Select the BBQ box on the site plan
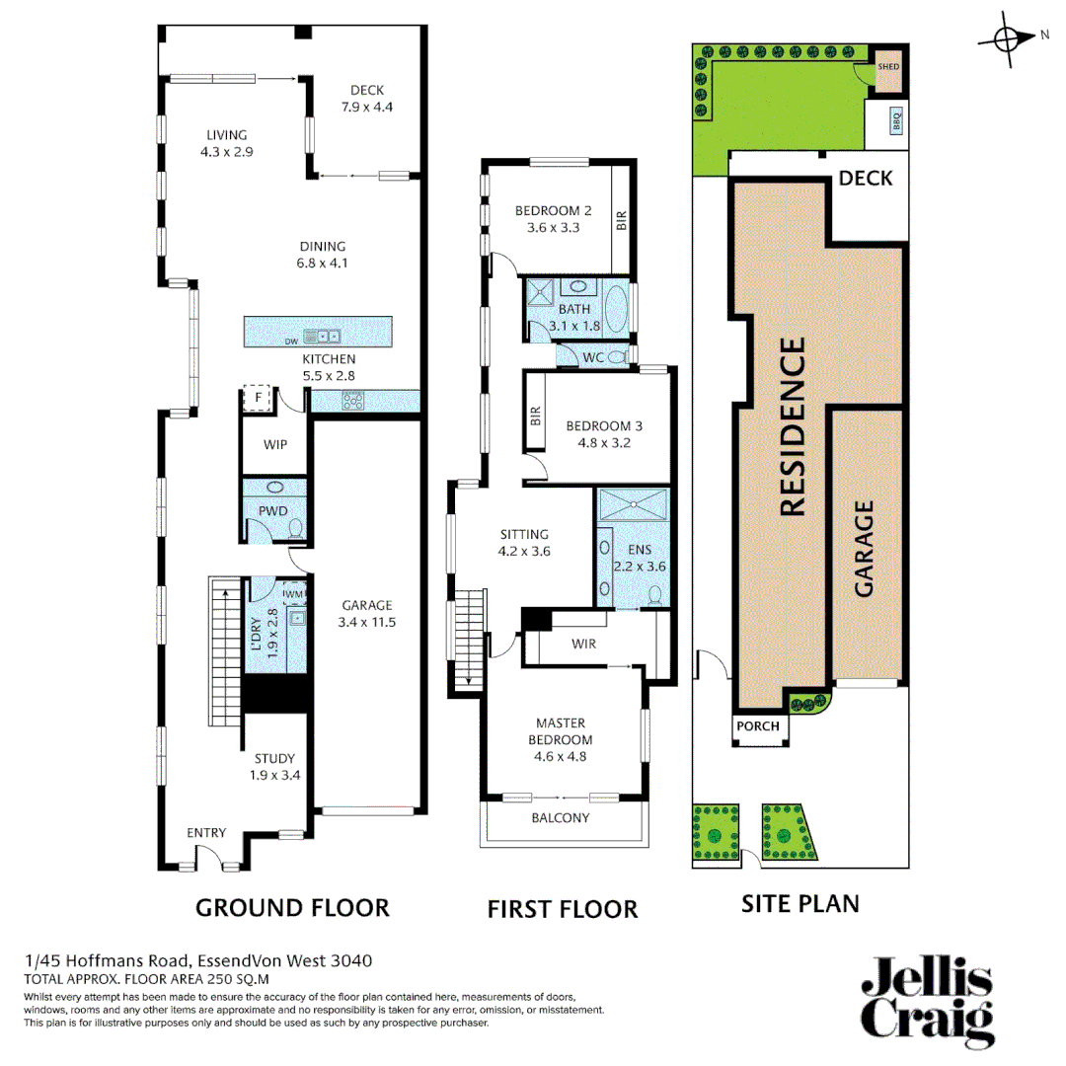pyautogui.click(x=896, y=121)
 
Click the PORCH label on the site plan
pyautogui.click(x=758, y=727)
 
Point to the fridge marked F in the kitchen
pyautogui.click(x=258, y=398)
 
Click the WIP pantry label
pyautogui.click(x=274, y=445)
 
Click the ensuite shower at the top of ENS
pyautogui.click(x=633, y=504)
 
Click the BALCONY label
pyautogui.click(x=561, y=818)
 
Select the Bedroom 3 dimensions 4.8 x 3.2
pyautogui.click(x=604, y=443)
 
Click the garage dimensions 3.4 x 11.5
pyautogui.click(x=367, y=623)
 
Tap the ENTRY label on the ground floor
pyautogui.click(x=207, y=833)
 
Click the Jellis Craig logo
pyautogui.click(x=927, y=1000)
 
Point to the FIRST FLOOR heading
pyautogui.click(x=562, y=908)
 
